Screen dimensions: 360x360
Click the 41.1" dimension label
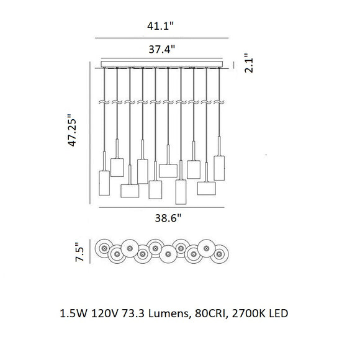tap(161, 26)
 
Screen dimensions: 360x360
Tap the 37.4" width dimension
tap(161, 49)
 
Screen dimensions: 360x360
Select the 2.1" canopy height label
tap(249, 63)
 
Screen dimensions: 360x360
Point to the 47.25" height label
tap(72, 130)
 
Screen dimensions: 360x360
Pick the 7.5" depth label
tap(80, 252)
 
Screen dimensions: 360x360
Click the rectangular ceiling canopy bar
tap(162, 64)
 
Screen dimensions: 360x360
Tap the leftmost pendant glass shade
tap(104, 183)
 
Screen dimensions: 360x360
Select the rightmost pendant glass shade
tap(219, 168)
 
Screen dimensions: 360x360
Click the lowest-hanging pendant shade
tap(181, 192)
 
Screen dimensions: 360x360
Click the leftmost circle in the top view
tap(104, 248)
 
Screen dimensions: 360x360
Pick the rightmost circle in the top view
tap(220, 254)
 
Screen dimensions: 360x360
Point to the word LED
tap(279, 313)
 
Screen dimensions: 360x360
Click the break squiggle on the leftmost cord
tap(104, 102)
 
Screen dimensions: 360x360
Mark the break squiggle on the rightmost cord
tap(219, 102)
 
